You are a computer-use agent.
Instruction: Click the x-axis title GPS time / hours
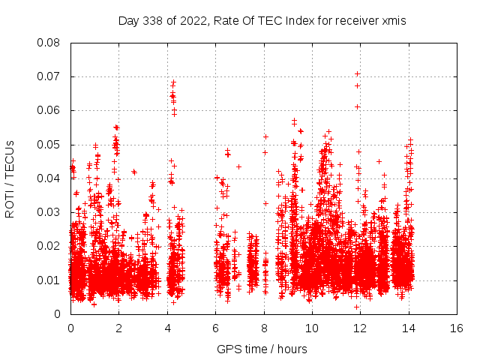coord(262,349)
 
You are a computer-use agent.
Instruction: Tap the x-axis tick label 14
coord(409,328)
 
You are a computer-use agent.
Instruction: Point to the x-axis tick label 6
coord(215,328)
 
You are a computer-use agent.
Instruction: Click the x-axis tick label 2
coord(118,328)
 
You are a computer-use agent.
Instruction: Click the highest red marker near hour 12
coord(358,73)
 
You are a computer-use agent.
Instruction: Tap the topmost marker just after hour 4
coord(173,82)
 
